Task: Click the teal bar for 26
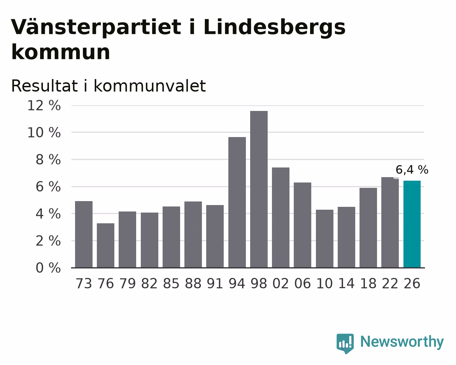coord(412,224)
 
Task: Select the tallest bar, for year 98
coord(259,189)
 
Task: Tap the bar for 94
coord(237,202)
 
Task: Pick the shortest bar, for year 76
coord(105,245)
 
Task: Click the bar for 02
coord(281,218)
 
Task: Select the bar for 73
coord(84,234)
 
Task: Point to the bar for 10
coord(324,239)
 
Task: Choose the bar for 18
coord(368,228)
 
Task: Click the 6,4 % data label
coord(412,170)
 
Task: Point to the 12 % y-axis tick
coord(44,106)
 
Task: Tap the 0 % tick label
coord(48,268)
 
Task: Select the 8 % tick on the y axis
coord(48,160)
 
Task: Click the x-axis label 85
coord(171,283)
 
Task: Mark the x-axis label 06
coord(302,283)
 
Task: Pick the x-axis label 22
coord(390,283)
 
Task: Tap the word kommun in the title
coord(61,52)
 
